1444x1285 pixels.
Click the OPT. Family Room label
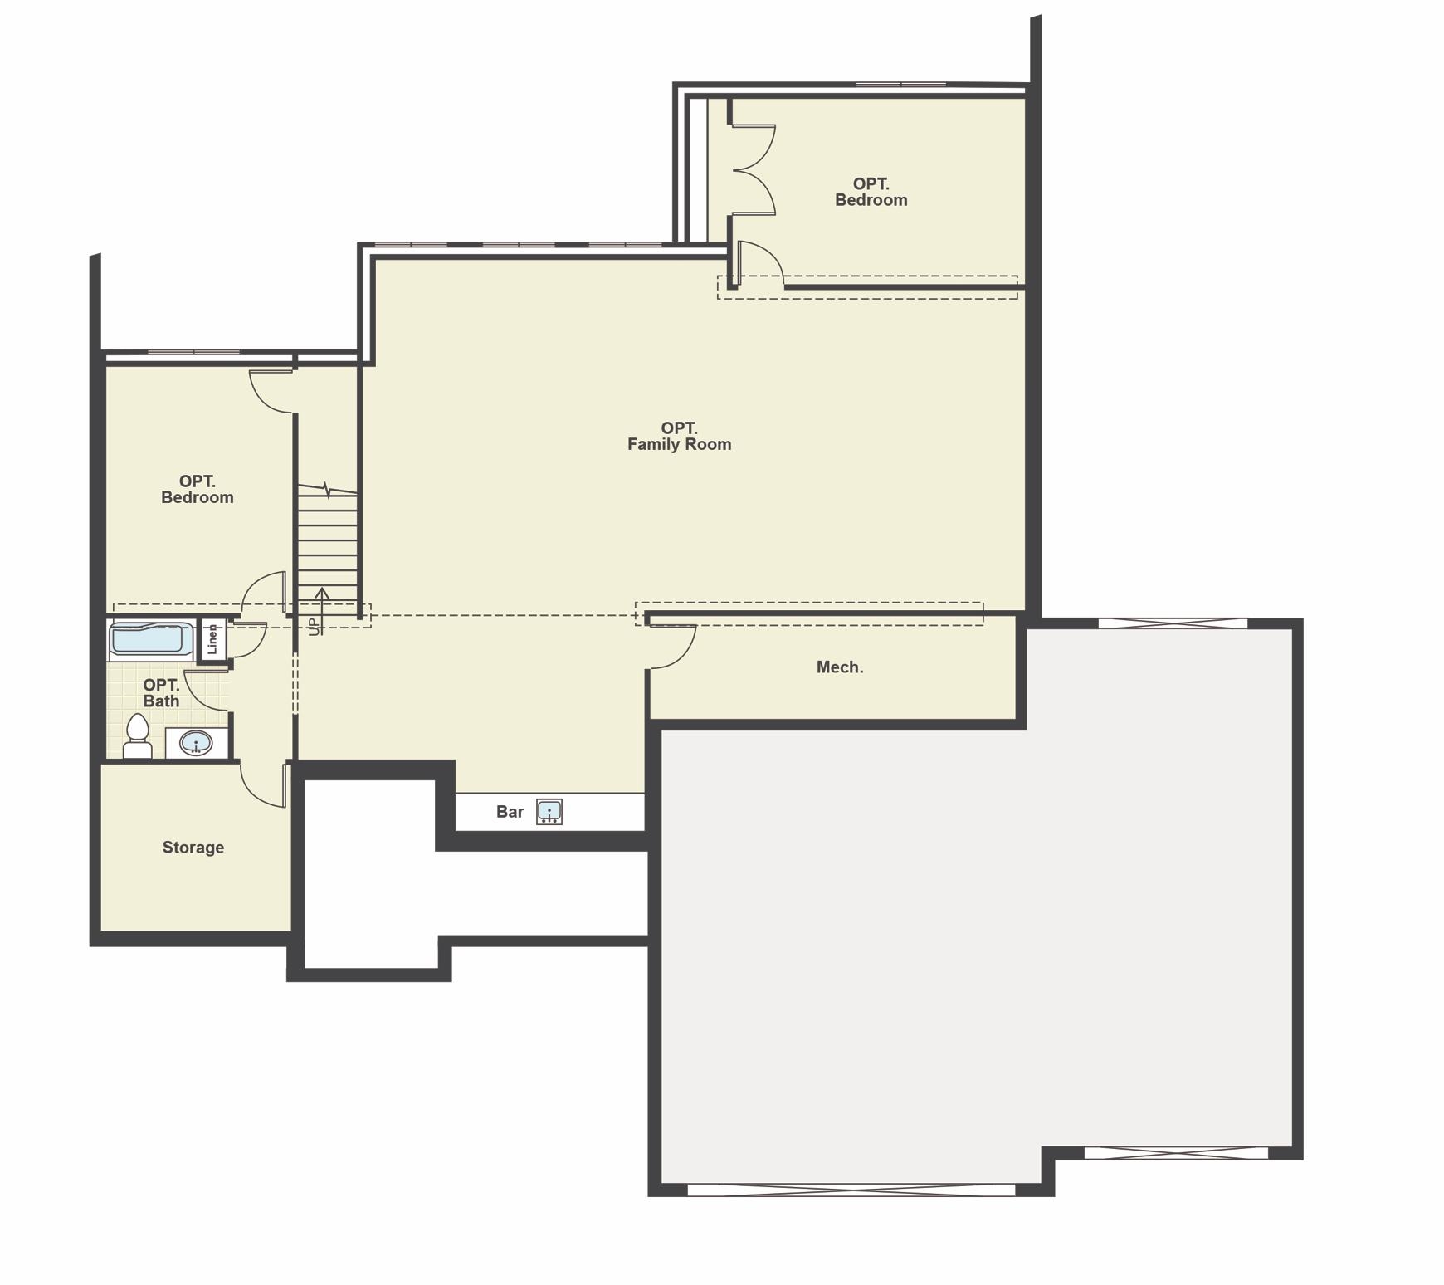tap(679, 437)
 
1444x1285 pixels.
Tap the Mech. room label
tap(840, 667)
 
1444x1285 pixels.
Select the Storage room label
tap(193, 848)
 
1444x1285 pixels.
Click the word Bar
tap(510, 812)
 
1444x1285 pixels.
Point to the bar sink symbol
tap(549, 812)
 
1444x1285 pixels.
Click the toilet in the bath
tap(138, 737)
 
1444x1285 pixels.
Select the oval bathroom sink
tap(196, 743)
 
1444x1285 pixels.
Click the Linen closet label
tap(212, 639)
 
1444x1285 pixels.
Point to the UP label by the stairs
tap(313, 627)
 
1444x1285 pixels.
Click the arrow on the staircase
tap(322, 609)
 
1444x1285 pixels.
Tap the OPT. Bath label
tap(161, 693)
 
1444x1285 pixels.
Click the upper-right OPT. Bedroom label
tap(871, 192)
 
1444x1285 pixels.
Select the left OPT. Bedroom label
tap(198, 489)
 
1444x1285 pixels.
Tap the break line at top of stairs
tap(328, 491)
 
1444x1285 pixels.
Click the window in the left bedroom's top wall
tap(193, 353)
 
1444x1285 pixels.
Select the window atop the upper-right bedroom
tap(901, 85)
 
